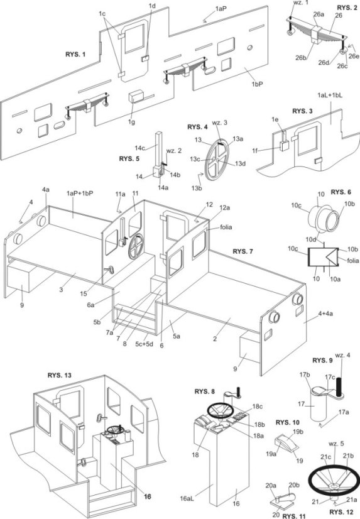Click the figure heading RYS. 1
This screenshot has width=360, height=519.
coord(75,54)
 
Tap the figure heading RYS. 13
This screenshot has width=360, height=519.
coord(59,375)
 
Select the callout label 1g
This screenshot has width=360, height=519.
coord(132,122)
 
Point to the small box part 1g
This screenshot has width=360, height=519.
coord(136,97)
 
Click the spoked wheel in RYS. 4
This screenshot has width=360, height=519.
coord(216,160)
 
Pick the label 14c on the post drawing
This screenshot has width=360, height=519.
coord(140,148)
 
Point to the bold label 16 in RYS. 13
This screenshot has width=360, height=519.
coord(147,496)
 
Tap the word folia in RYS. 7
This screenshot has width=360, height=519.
coord(226,227)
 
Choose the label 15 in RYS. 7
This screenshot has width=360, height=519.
coord(84,293)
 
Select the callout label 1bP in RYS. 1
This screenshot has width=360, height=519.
coord(257,84)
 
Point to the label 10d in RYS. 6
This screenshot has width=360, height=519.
coord(311,239)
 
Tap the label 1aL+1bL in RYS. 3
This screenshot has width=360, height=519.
coord(330,96)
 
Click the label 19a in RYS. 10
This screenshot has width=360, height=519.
coord(271,454)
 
